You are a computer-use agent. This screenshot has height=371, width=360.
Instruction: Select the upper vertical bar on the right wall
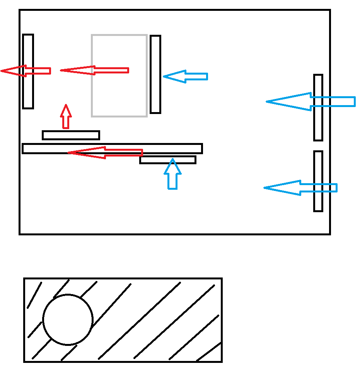pos(318,124)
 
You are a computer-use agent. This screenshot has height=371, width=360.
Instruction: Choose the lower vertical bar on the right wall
pos(318,162)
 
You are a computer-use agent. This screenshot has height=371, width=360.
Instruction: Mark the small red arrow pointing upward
pos(66,116)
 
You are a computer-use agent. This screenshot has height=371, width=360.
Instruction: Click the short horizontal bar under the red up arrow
pos(71,135)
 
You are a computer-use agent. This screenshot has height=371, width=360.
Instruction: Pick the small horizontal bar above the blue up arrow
pos(168,160)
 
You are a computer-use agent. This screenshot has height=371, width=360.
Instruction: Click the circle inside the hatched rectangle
pos(68,320)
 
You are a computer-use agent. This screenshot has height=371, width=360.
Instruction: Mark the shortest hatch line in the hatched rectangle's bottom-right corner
pos(209,352)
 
